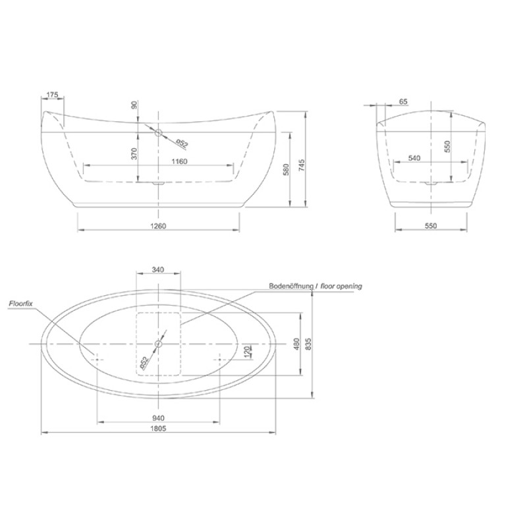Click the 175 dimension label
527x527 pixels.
coord(53,95)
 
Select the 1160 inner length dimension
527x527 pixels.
coord(179,161)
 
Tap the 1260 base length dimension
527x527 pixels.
coord(158,226)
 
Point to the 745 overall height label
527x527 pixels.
coord(302,165)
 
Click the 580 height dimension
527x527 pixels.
coord(286,170)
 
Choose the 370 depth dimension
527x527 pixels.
coord(134,153)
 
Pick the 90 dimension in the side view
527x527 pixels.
coord(134,105)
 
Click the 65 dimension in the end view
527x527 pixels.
coord(403,101)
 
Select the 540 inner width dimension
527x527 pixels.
coord(414,158)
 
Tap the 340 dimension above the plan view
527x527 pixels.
coord(157,269)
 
